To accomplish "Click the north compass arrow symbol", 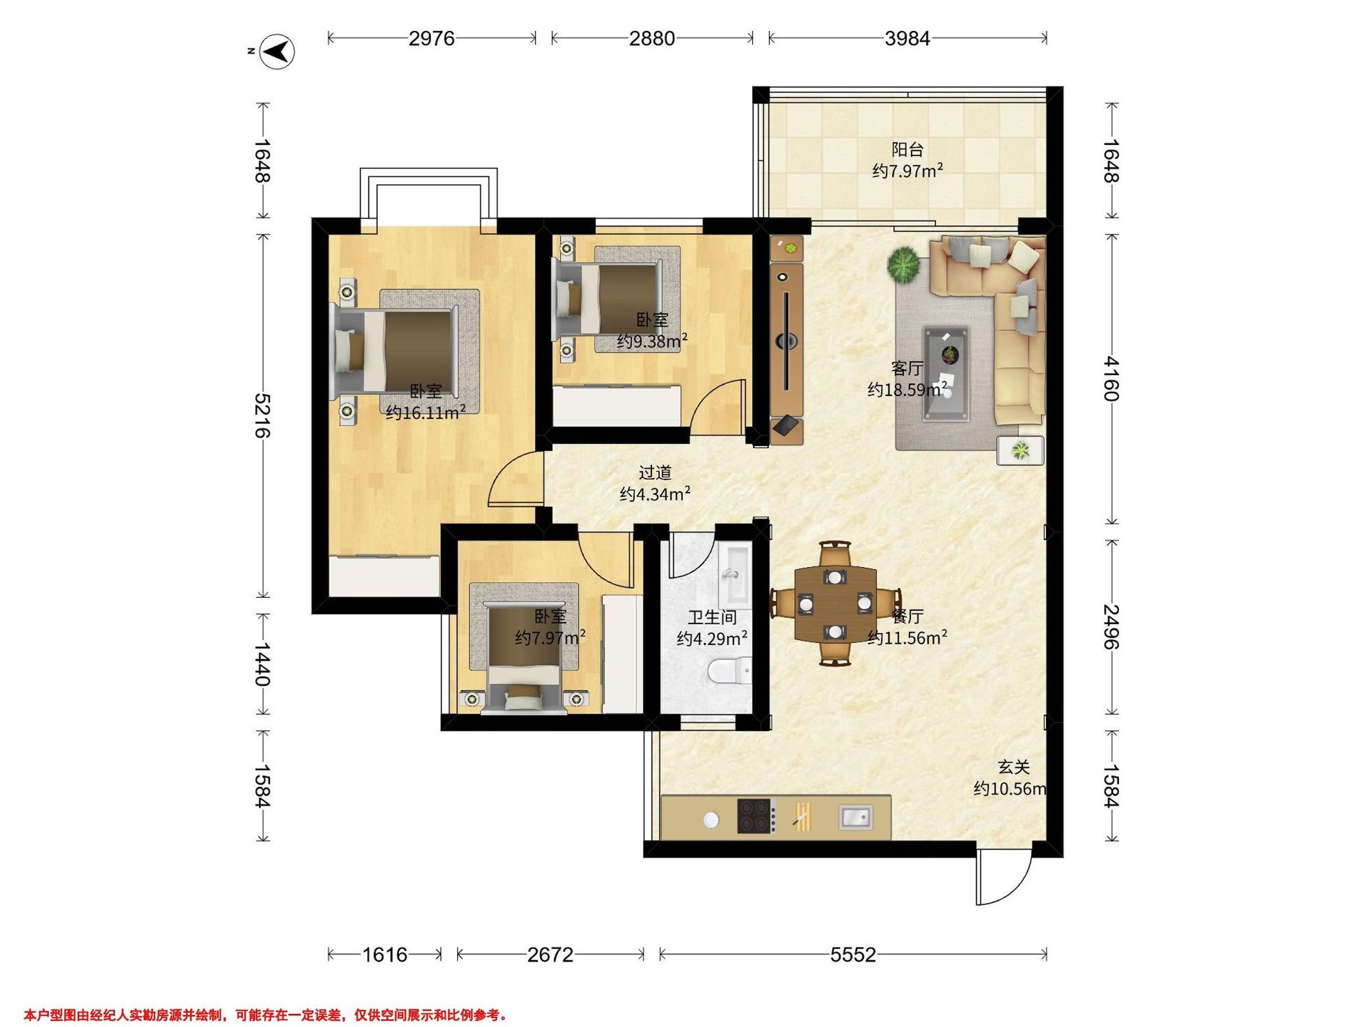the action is (277, 51).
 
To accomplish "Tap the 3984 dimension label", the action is (908, 38).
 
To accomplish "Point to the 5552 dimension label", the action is (853, 955).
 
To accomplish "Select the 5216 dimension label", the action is (263, 415).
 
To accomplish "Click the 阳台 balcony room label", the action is (908, 149).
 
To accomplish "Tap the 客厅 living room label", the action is (908, 369).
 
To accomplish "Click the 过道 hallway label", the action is (655, 473).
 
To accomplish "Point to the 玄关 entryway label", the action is (1014, 767).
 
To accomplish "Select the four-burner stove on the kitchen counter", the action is (756, 815).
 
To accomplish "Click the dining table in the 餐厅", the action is (836, 604).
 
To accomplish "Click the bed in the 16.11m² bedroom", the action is (396, 351).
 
